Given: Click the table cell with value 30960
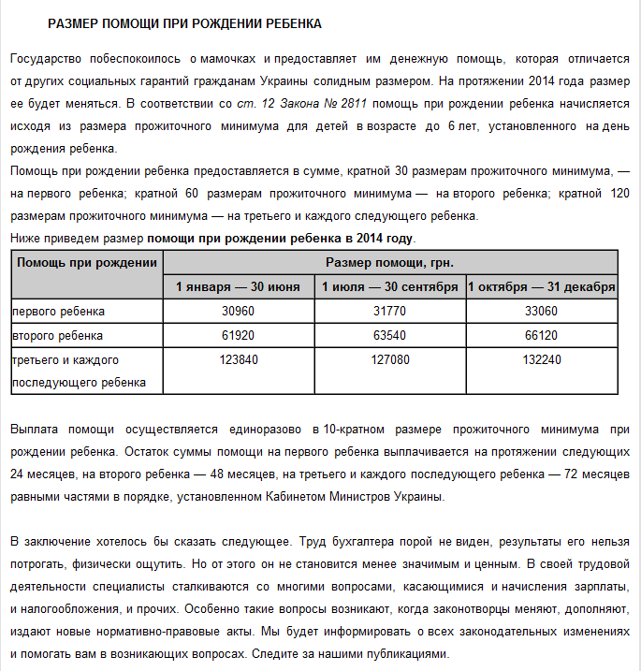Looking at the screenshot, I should pyautogui.click(x=239, y=311).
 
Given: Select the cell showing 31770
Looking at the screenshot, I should pyautogui.click(x=390, y=311).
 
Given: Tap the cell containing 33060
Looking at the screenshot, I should pyautogui.click(x=541, y=311).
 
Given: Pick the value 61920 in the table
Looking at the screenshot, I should pyautogui.click(x=239, y=335).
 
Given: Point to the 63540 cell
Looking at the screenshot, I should pyautogui.click(x=390, y=335).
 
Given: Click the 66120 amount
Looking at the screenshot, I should pyautogui.click(x=541, y=335).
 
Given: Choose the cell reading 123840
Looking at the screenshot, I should pyautogui.click(x=239, y=359).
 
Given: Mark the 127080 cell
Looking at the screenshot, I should pyautogui.click(x=390, y=359).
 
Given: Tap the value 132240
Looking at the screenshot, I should pyautogui.click(x=541, y=359).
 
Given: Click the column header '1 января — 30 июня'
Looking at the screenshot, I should pyautogui.click(x=239, y=286).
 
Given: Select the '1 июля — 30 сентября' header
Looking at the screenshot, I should pyautogui.click(x=390, y=286).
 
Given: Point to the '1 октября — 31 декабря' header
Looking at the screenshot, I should pyautogui.click(x=542, y=286).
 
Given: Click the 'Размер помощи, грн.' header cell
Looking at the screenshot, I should pyautogui.click(x=390, y=262).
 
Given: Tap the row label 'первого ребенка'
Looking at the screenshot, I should pyautogui.click(x=58, y=311).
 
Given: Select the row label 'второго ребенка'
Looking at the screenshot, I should pyautogui.click(x=57, y=335).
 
